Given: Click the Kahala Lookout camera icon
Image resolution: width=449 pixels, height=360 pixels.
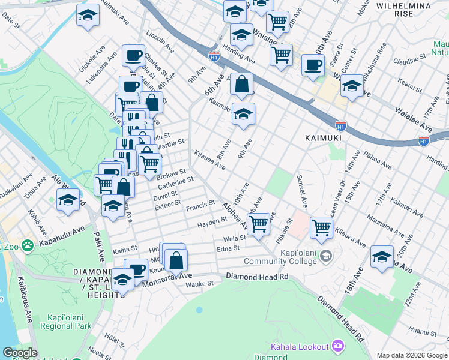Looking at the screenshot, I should tap(338, 346).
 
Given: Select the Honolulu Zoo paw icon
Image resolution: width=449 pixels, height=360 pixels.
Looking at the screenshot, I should tap(27, 245).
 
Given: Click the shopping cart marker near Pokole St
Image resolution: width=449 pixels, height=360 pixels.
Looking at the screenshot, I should tap(258, 224).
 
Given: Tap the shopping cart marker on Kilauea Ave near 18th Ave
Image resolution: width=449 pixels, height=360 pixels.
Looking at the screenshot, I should tap(322, 227).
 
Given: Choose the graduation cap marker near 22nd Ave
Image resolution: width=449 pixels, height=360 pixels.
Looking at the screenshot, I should tap(382, 256).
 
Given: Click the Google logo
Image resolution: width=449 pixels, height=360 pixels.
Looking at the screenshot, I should tap(20, 353).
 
